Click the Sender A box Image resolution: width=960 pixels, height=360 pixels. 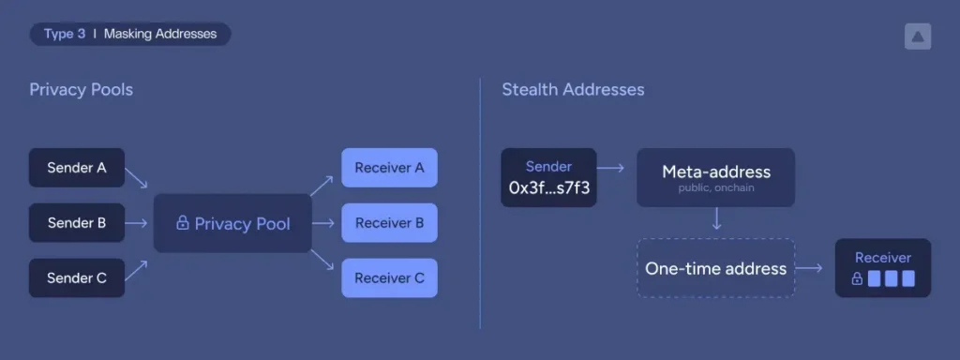pyautogui.click(x=76, y=168)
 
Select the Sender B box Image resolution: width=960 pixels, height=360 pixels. pyautogui.click(x=76, y=223)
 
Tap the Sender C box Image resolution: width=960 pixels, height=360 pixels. pyautogui.click(x=76, y=277)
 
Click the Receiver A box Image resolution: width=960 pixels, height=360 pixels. pyautogui.click(x=389, y=168)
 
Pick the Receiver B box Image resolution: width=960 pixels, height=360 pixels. pyautogui.click(x=389, y=223)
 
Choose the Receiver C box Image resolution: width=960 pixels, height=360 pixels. pyautogui.click(x=389, y=277)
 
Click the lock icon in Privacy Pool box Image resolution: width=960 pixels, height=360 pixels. pyautogui.click(x=183, y=224)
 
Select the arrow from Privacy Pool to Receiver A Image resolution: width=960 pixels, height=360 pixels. pyautogui.click(x=322, y=184)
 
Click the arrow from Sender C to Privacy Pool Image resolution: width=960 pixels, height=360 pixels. pyautogui.click(x=137, y=271)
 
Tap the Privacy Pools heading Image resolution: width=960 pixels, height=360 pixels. pyautogui.click(x=81, y=90)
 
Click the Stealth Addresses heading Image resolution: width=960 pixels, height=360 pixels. pyautogui.click(x=573, y=90)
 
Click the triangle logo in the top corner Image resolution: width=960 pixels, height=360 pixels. pyautogui.click(x=917, y=37)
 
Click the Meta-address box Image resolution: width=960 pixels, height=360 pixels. pyautogui.click(x=715, y=176)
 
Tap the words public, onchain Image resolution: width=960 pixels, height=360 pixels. pyautogui.click(x=716, y=188)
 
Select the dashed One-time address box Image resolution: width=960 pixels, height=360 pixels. pyautogui.click(x=715, y=268)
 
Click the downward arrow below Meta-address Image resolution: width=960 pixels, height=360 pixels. pyautogui.click(x=716, y=221)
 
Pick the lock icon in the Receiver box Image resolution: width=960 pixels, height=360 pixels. pyautogui.click(x=857, y=278)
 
